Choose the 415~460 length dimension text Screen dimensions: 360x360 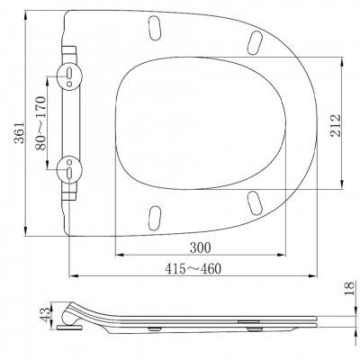[x=193, y=268]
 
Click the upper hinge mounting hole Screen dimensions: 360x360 [x=68, y=76]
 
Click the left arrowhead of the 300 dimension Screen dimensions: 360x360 [x=113, y=254]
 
